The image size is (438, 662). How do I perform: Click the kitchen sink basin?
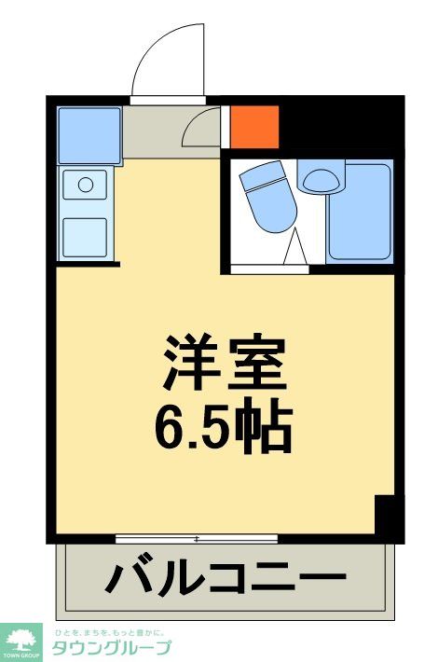coord(86,186)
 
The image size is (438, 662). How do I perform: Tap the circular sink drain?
coord(86,185)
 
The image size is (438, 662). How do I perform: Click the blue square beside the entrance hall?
coord(89,135)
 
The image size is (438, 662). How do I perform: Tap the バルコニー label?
coord(225,577)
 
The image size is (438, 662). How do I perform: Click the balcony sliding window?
coord(197,539)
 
